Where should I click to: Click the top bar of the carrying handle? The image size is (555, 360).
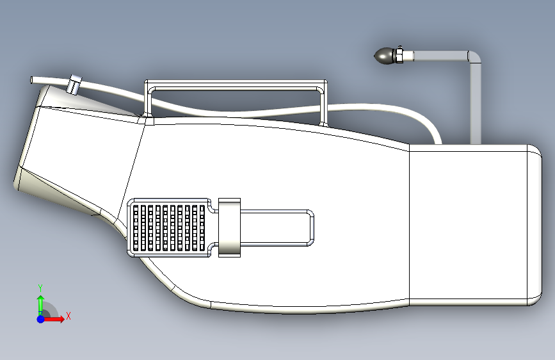coord(237,84)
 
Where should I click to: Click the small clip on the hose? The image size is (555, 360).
coord(75,84)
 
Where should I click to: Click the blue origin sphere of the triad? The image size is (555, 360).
coord(40,318)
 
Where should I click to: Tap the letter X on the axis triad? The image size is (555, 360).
coord(68,316)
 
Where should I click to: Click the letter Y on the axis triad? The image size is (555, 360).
coord(40,287)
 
